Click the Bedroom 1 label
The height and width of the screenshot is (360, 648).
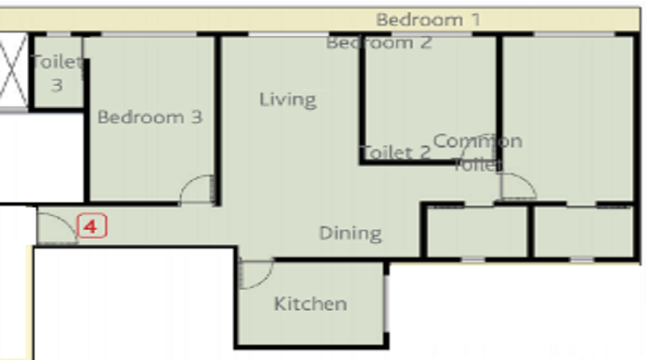click(x=428, y=19)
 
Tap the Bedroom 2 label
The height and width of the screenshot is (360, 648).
click(x=379, y=43)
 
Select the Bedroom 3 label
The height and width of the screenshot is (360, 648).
click(x=150, y=117)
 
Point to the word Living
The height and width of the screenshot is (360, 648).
click(x=287, y=99)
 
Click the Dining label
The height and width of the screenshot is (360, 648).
click(x=350, y=233)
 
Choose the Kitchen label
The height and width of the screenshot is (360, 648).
click(x=310, y=304)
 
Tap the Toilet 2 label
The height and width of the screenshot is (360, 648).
click(x=395, y=153)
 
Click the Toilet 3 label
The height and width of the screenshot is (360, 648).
click(x=57, y=73)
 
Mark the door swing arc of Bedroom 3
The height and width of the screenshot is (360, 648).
click(x=197, y=189)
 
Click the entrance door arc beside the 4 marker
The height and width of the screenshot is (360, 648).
click(x=56, y=228)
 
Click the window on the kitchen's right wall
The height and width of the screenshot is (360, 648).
click(x=387, y=297)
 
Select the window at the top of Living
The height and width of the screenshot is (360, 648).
click(x=288, y=34)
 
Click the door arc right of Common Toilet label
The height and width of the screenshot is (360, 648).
click(x=518, y=186)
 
